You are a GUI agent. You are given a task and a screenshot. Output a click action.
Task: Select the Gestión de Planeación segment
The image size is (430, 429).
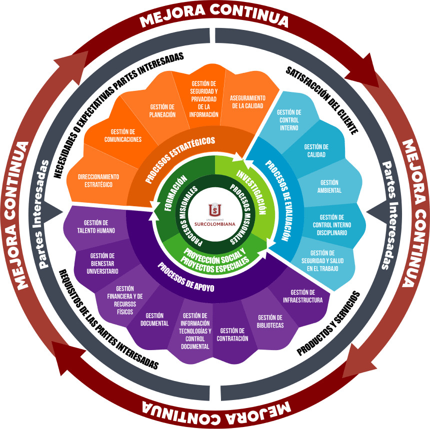162,110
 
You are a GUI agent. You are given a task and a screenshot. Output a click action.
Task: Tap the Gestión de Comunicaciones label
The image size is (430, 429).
123,135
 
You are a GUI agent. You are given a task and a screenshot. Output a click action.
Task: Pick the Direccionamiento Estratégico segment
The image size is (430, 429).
98,180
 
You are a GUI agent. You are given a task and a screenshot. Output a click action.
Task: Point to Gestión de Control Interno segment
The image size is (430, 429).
289,120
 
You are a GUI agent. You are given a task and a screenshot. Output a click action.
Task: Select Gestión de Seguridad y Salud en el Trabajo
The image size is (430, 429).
325,261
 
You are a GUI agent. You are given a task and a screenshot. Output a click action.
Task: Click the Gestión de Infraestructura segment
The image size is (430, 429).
303,296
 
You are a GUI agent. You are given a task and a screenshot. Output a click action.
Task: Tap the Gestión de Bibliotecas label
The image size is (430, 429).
270,321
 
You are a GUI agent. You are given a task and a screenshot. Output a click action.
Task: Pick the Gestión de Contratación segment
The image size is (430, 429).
232,334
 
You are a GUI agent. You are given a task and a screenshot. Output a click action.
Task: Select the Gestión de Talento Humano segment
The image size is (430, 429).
96,226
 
